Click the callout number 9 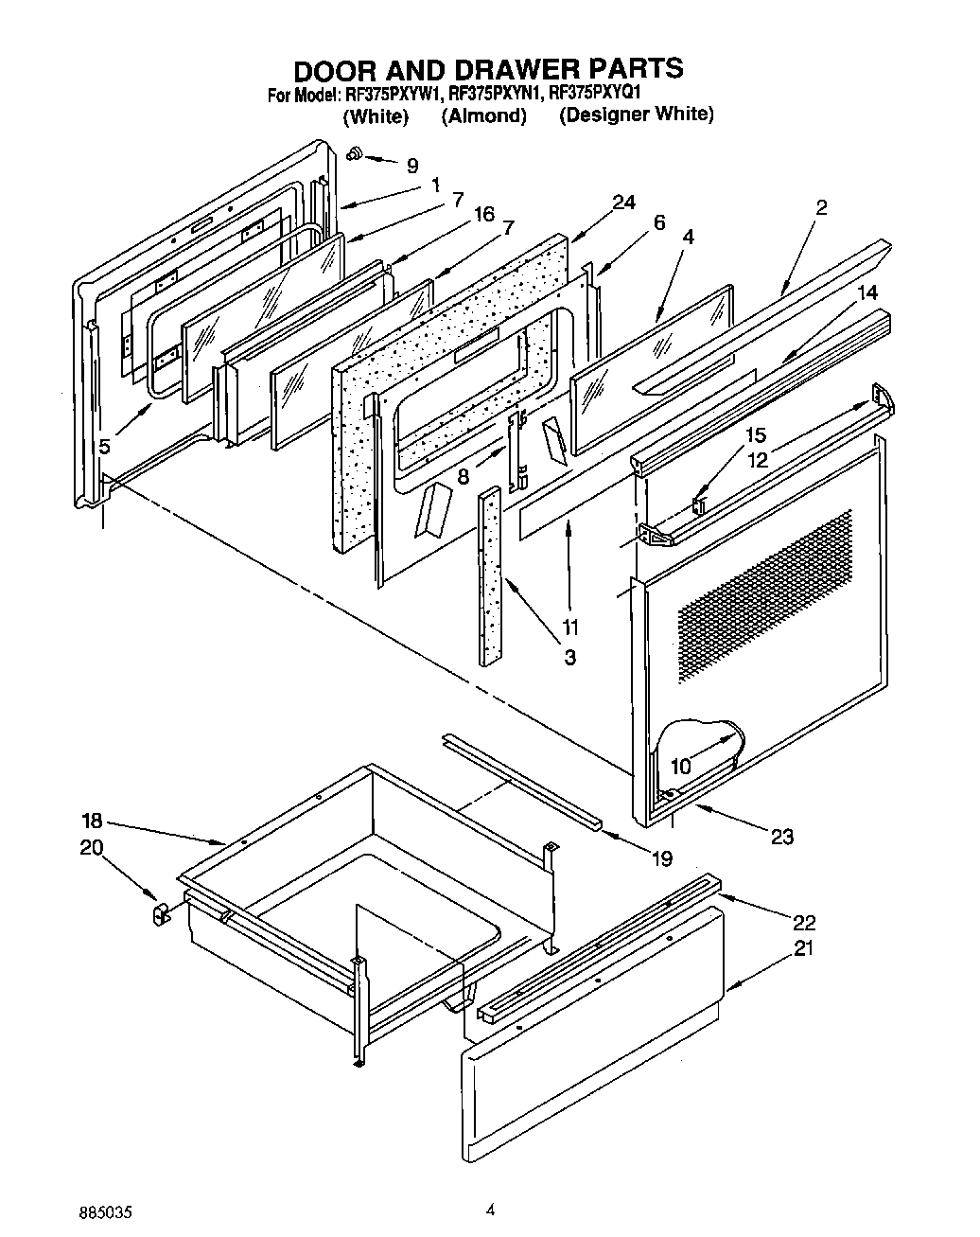coord(411,166)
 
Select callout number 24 coord(623,202)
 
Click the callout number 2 coord(821,208)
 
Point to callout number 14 coord(867,293)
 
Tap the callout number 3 coord(569,656)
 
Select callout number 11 coord(569,626)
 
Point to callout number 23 coord(782,836)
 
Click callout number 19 coord(661,858)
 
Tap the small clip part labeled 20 coord(159,913)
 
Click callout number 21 coord(803,949)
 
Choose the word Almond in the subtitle coord(483,116)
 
